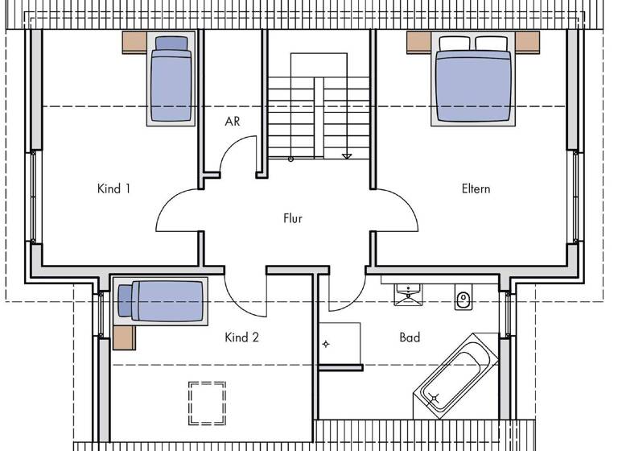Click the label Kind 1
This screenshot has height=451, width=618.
coord(113,189)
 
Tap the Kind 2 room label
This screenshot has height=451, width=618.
coord(241,337)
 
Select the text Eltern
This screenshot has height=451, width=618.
coord(476,189)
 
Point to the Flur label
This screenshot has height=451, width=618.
coord(293,218)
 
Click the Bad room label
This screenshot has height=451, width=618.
coord(410,337)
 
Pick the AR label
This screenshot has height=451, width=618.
coord(233,122)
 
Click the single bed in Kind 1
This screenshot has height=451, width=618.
coord(170,79)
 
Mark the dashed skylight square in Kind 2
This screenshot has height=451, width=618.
coord(206,403)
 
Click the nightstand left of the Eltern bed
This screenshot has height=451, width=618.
coord(419,42)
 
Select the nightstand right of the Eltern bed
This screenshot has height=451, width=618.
coord(525,42)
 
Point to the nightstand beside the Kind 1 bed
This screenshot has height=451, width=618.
coord(134,43)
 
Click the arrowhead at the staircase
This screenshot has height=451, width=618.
coord(347,156)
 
